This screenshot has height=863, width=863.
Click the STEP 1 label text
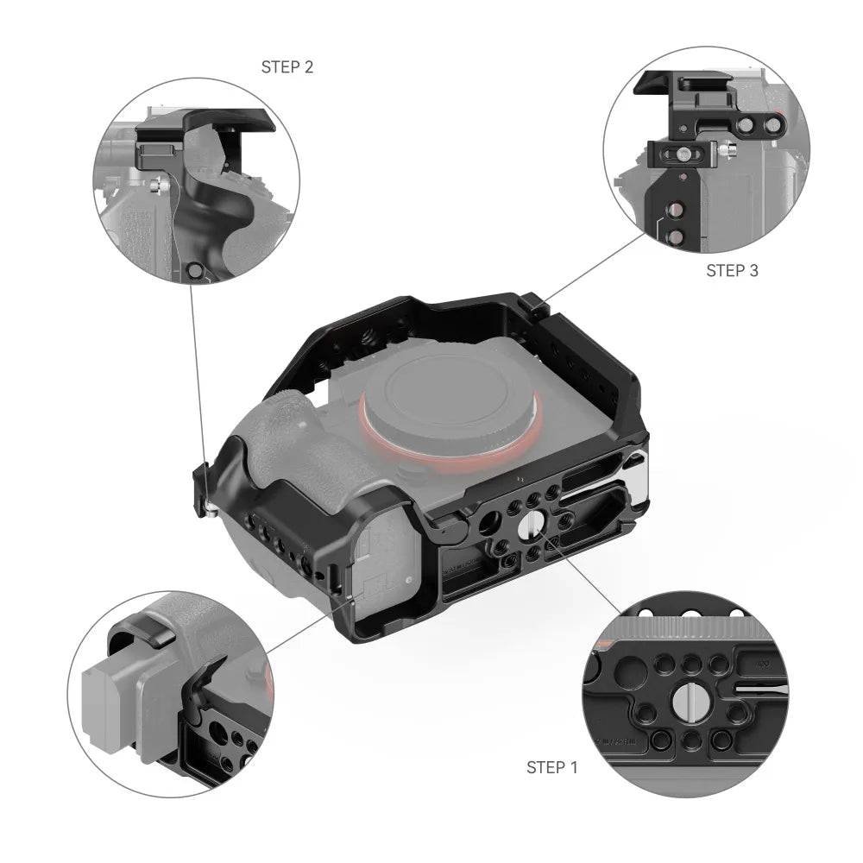tap(551, 767)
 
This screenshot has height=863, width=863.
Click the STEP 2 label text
tap(287, 66)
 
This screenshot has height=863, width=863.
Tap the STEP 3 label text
tap(732, 270)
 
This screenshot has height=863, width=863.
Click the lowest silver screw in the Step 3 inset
tap(676, 236)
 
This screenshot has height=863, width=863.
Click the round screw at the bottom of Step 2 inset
tap(196, 272)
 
